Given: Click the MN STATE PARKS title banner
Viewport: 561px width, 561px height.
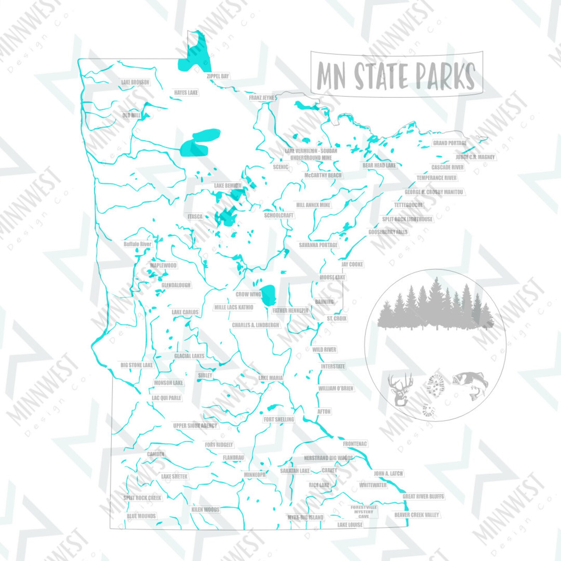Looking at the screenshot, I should point(396,75).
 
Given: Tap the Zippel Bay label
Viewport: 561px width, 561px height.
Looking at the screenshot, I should point(218,76).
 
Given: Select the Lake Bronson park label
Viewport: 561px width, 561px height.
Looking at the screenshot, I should point(135,82).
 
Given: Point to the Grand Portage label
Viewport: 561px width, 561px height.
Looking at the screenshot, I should point(450,143).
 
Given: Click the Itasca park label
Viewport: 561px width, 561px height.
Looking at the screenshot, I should point(195,216).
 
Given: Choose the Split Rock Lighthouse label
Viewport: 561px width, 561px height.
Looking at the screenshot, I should point(407,219).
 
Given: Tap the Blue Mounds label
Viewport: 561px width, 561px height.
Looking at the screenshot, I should point(141,516).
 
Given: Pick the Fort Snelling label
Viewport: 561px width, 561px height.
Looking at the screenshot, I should point(279,419).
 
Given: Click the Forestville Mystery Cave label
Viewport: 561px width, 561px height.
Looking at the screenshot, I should point(364,512).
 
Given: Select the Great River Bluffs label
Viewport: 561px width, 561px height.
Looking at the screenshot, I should point(423,496).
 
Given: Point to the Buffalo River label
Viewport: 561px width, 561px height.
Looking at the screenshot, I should point(137,244).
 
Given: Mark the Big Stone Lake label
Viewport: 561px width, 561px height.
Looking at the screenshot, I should point(137,365).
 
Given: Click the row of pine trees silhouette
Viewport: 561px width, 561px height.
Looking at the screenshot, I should point(435,306).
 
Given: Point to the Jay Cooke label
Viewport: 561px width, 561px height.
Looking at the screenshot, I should point(352,264).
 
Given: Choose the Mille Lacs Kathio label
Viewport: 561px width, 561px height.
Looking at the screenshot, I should point(234,307).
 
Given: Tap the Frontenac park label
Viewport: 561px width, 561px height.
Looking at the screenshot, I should point(355,444).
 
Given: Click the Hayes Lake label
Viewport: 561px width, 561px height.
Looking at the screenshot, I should point(186,93).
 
